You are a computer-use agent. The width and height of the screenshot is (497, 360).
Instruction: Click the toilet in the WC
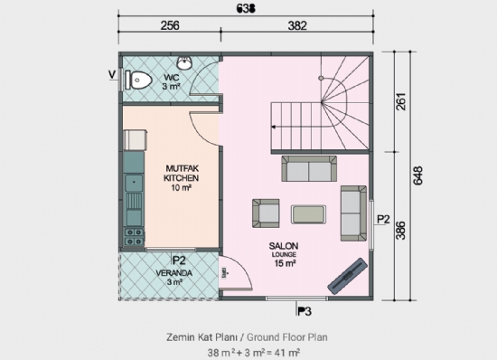pyautogui.click(x=138, y=81)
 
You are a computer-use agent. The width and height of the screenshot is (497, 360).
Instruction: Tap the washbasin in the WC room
pyautogui.click(x=184, y=63)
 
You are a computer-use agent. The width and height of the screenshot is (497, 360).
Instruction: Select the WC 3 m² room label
pyautogui.click(x=171, y=82)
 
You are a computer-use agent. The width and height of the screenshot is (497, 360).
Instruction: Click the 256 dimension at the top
pyautogui.click(x=170, y=26)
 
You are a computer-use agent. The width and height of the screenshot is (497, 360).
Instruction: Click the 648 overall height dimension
pyautogui.click(x=417, y=176)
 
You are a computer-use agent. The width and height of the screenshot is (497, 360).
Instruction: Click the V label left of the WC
pyautogui.click(x=112, y=74)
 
